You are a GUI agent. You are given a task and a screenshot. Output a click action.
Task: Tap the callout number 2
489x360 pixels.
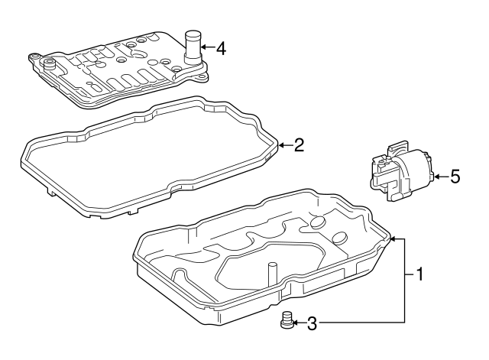click(300, 144)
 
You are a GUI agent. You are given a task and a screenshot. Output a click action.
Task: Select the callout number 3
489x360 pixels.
click(311, 324)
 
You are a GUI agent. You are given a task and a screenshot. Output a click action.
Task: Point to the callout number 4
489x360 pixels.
click(221, 49)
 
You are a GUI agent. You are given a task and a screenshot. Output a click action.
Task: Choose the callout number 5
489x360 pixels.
click(455, 177)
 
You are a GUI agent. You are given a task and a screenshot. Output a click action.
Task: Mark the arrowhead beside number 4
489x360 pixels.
click(205, 49)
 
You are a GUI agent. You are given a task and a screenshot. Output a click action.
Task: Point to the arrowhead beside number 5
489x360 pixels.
click(436, 177)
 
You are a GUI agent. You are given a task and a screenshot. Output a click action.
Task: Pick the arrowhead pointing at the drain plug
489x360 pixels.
click(298, 324)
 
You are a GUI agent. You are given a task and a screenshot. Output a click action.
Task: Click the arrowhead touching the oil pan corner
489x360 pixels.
click(393, 240)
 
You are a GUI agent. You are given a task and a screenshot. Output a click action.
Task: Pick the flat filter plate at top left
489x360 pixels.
click(115, 69)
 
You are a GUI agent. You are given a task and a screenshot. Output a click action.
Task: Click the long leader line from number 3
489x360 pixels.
click(359, 324)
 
